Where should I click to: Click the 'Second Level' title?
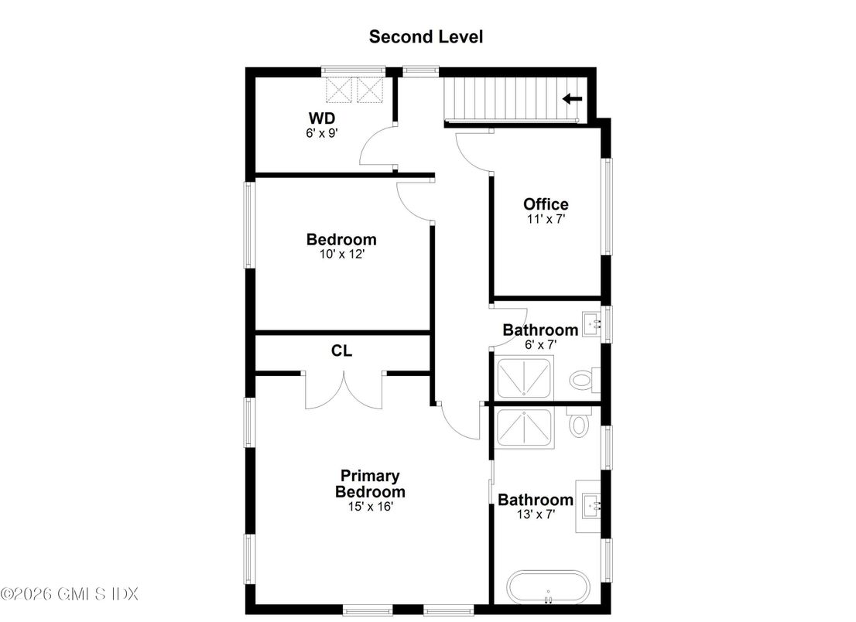coord(426,36)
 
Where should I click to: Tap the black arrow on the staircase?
coord(572,98)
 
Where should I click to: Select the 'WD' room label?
coord(321,118)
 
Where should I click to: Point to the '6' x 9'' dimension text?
coord(321,132)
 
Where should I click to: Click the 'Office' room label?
coord(546,204)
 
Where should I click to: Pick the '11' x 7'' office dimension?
coord(546,219)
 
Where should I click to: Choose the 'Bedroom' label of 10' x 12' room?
coord(341,239)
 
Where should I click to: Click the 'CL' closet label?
coord(342,350)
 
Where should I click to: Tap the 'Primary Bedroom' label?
coord(370,484)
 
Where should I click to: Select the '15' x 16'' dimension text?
coord(370,507)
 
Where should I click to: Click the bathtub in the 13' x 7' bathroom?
coord(549,587)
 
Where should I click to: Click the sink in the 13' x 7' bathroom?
coord(592,508)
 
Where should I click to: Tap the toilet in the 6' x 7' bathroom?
coord(582,380)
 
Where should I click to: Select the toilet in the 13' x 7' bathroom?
coord(580,424)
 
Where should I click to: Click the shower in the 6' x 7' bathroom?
coord(525,378)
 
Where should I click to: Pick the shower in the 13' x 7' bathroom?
coord(525,428)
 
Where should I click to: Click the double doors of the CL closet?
coord(343,391)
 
